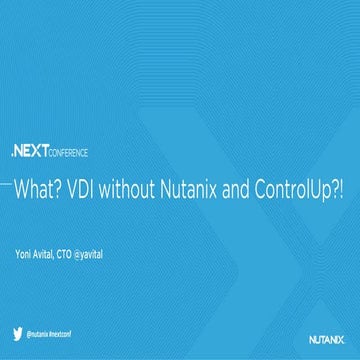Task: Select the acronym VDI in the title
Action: (x=78, y=189)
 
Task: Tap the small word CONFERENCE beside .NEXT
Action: (x=67, y=153)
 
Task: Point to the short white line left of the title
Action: (x=6, y=187)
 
